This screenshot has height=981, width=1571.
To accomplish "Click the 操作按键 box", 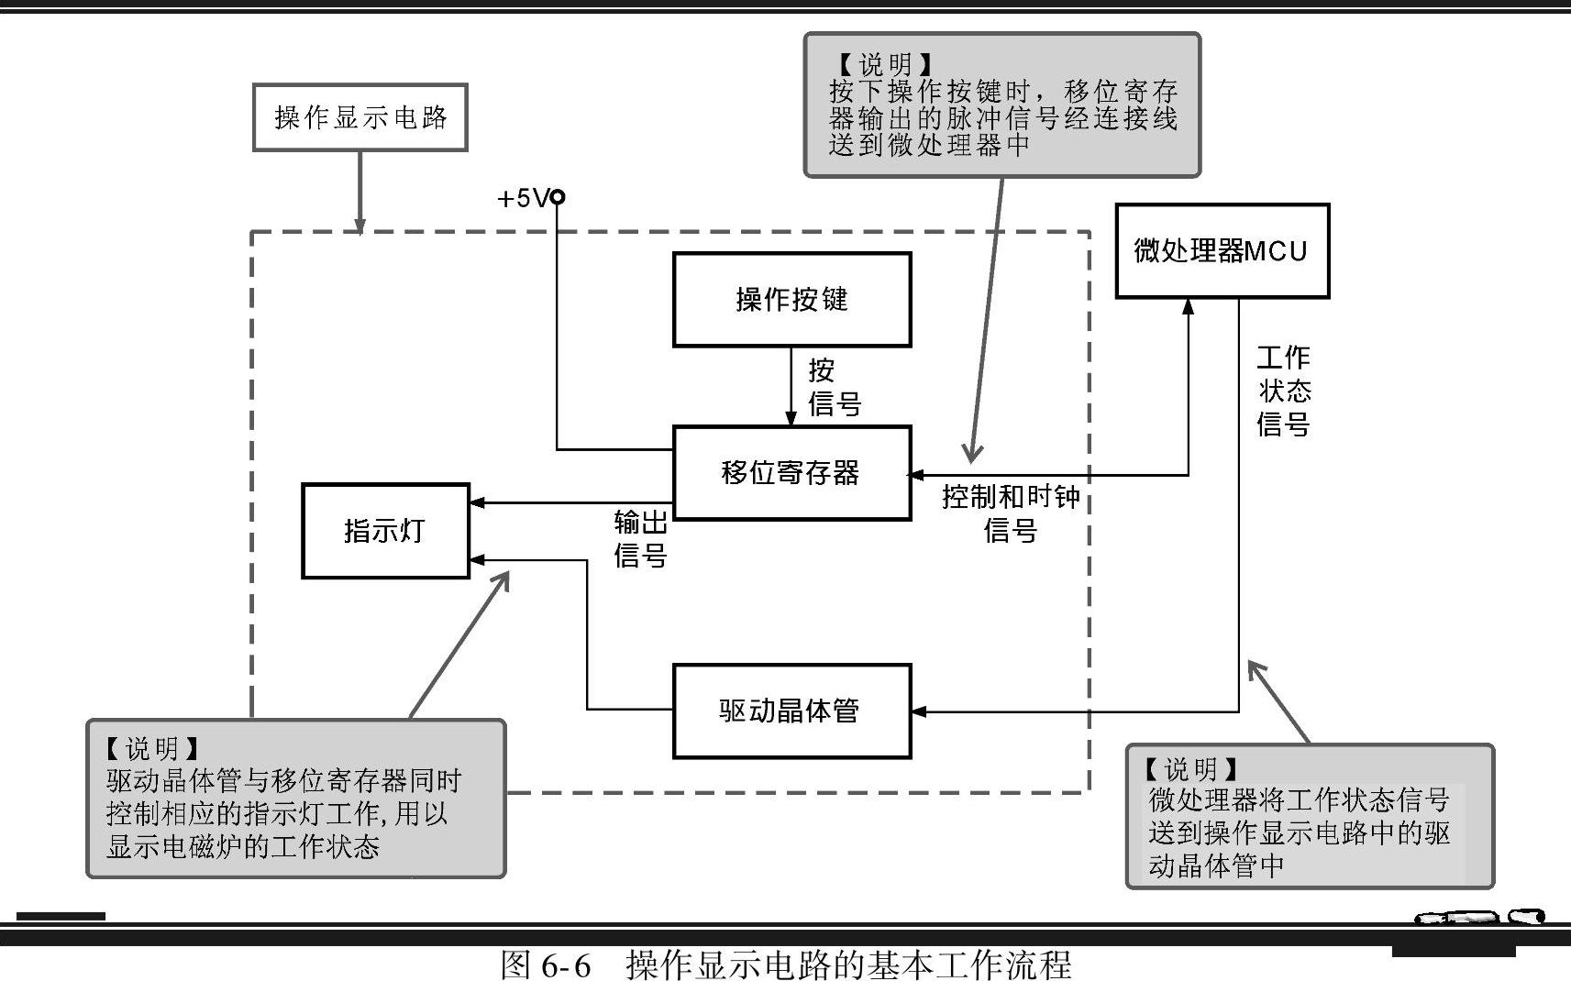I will point(791,300).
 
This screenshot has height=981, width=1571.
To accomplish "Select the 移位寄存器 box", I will point(791,473).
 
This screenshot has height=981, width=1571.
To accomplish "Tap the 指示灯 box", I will point(385,531).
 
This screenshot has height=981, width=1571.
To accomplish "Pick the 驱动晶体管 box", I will point(791,711).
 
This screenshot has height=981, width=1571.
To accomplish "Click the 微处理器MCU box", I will point(1222,251).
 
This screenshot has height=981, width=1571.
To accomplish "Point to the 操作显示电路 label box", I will point(360,117).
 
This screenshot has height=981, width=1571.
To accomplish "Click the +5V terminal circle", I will point(557,197).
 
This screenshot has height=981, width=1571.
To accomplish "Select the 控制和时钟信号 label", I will point(1011,513).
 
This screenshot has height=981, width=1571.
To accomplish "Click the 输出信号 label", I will point(640,539).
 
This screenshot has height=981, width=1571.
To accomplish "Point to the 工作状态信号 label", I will point(1284,391).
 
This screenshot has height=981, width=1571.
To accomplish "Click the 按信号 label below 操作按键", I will point(833,387).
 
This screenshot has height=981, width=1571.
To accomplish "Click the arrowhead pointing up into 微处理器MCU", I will point(1189,306).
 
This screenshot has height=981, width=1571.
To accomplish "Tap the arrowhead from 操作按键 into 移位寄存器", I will point(791,419).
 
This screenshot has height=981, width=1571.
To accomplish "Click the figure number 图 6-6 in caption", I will point(545,964).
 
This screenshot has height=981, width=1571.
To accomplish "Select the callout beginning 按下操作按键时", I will point(1001,105).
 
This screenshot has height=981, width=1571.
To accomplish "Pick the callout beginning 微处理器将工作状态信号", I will point(1309,816).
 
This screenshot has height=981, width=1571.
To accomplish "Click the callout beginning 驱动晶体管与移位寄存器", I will point(295,799).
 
